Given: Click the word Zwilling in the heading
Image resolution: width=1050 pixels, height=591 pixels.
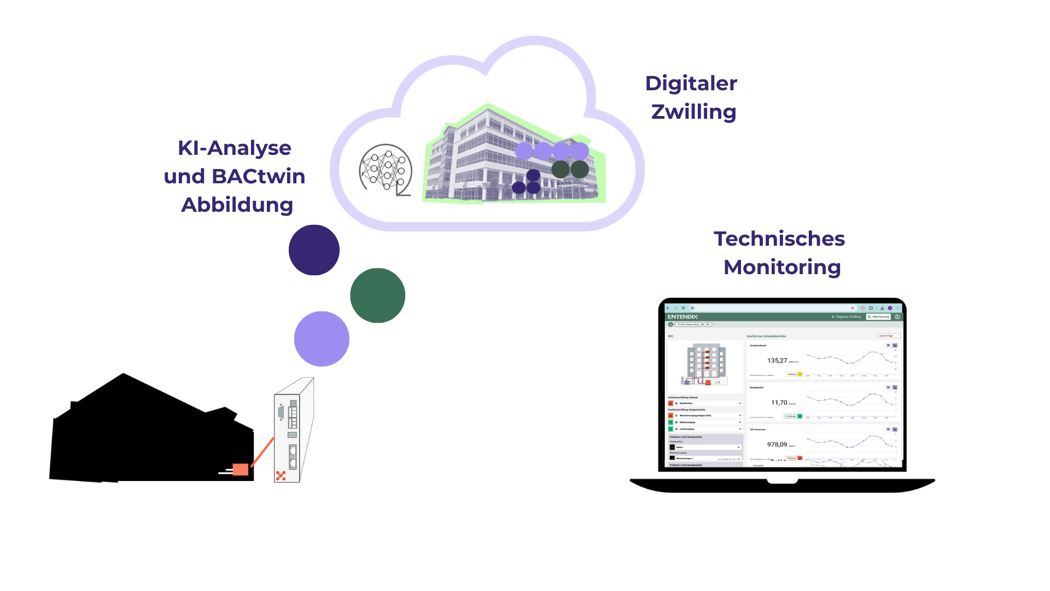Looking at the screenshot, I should pos(693,112).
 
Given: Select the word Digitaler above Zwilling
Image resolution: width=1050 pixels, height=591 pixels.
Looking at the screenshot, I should pos(691,83).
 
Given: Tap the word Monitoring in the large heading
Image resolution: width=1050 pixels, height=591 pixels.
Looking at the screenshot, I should pos(782,267).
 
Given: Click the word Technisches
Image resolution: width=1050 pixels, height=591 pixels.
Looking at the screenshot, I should pos(779,239).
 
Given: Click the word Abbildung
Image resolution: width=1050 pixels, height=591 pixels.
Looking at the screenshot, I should pos(237,205).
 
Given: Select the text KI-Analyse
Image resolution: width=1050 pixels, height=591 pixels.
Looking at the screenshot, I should pos(234,148).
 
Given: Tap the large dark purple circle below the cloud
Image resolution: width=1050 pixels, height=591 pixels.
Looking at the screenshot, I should pos(314,250).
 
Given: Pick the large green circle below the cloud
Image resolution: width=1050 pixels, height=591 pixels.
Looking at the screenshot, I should pos(377,296).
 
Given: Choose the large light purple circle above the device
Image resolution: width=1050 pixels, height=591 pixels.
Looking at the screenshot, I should pos(322,339).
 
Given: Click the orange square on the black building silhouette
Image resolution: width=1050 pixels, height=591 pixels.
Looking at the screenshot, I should pos(240,470).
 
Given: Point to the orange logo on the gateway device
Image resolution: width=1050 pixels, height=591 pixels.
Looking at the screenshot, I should pos(281,476).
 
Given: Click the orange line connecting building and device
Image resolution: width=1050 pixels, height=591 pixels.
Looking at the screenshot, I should pos(262,451).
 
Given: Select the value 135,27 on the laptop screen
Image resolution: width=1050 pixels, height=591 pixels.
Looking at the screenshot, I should pos(777,361).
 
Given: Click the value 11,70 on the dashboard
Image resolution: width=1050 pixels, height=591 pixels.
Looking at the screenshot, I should pos(779,403).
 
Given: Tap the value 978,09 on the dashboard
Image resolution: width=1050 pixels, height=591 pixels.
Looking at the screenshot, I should pos(777,445).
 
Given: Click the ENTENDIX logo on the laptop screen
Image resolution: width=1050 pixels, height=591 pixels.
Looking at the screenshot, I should pos(682,317).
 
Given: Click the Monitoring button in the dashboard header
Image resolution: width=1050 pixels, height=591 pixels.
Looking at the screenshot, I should pos(878,317).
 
